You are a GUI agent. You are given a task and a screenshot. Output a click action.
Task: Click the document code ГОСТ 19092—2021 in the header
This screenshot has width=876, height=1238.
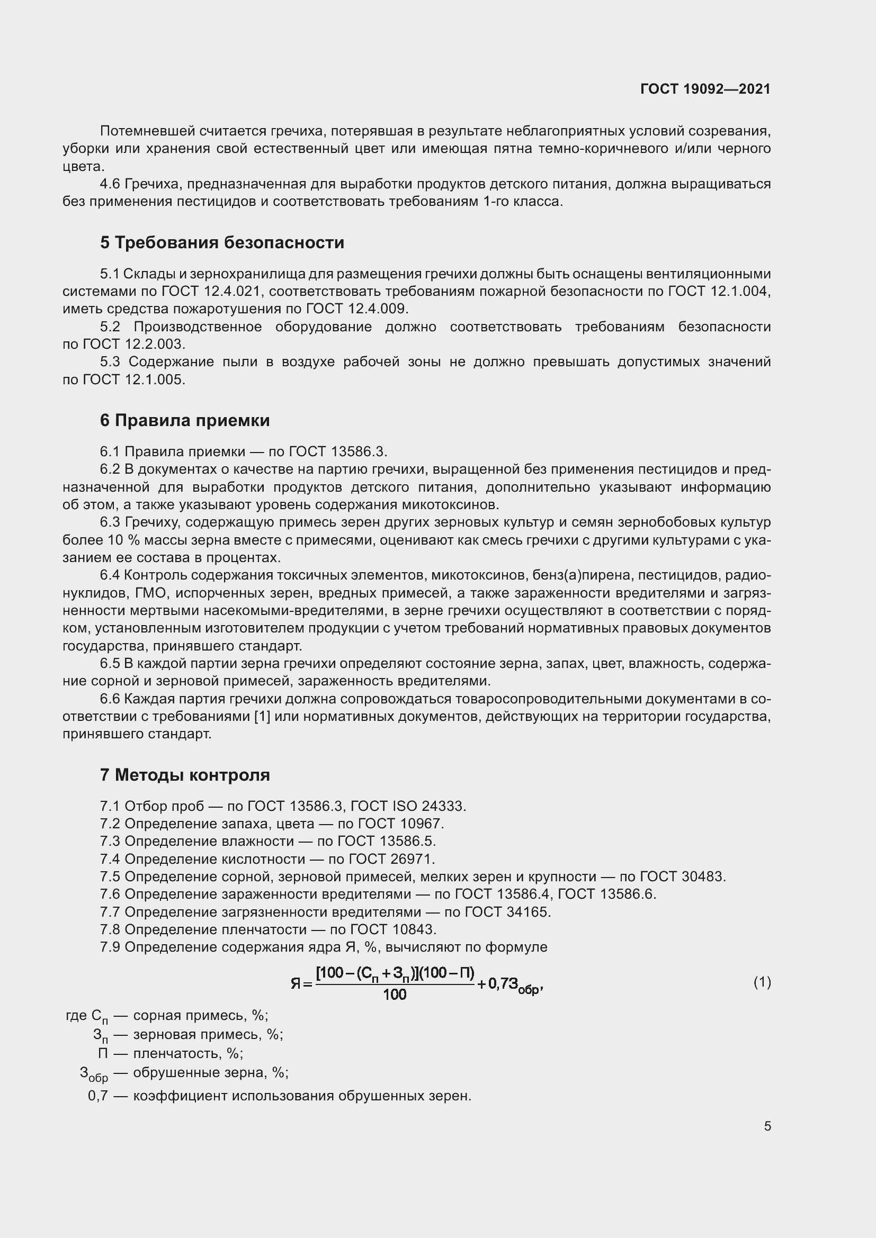[x=705, y=89]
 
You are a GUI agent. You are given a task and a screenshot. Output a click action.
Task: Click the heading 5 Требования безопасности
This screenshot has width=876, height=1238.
[x=222, y=242]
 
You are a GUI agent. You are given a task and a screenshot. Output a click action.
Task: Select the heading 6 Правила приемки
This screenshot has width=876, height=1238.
[x=184, y=420]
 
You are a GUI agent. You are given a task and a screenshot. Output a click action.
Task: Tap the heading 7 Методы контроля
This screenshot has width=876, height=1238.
[x=184, y=775]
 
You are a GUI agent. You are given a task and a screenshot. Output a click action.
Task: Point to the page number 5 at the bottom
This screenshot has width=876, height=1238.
[x=767, y=1126]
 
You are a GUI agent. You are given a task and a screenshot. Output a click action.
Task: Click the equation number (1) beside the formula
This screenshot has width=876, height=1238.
[x=762, y=982]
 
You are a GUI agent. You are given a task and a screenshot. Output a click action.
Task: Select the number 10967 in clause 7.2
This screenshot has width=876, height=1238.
[x=422, y=824]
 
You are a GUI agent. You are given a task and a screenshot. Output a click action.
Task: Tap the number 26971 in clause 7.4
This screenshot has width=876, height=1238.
[x=413, y=859]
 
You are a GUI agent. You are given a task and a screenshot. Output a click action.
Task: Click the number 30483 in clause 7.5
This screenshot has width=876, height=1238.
[x=703, y=876]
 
